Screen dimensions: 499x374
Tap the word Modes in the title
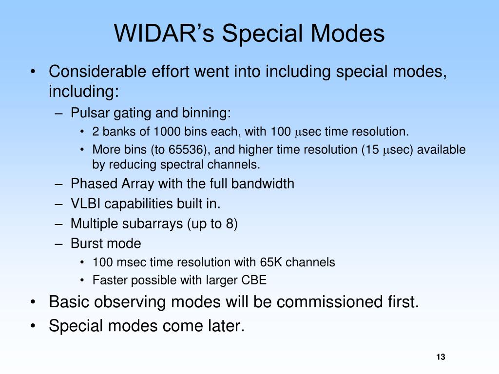coord(348,33)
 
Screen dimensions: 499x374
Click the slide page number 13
coord(441,357)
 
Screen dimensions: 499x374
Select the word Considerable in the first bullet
coord(97,71)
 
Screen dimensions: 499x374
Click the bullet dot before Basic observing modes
coord(33,301)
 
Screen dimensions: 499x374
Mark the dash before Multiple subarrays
coord(58,224)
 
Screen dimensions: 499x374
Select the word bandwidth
coord(263,184)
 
